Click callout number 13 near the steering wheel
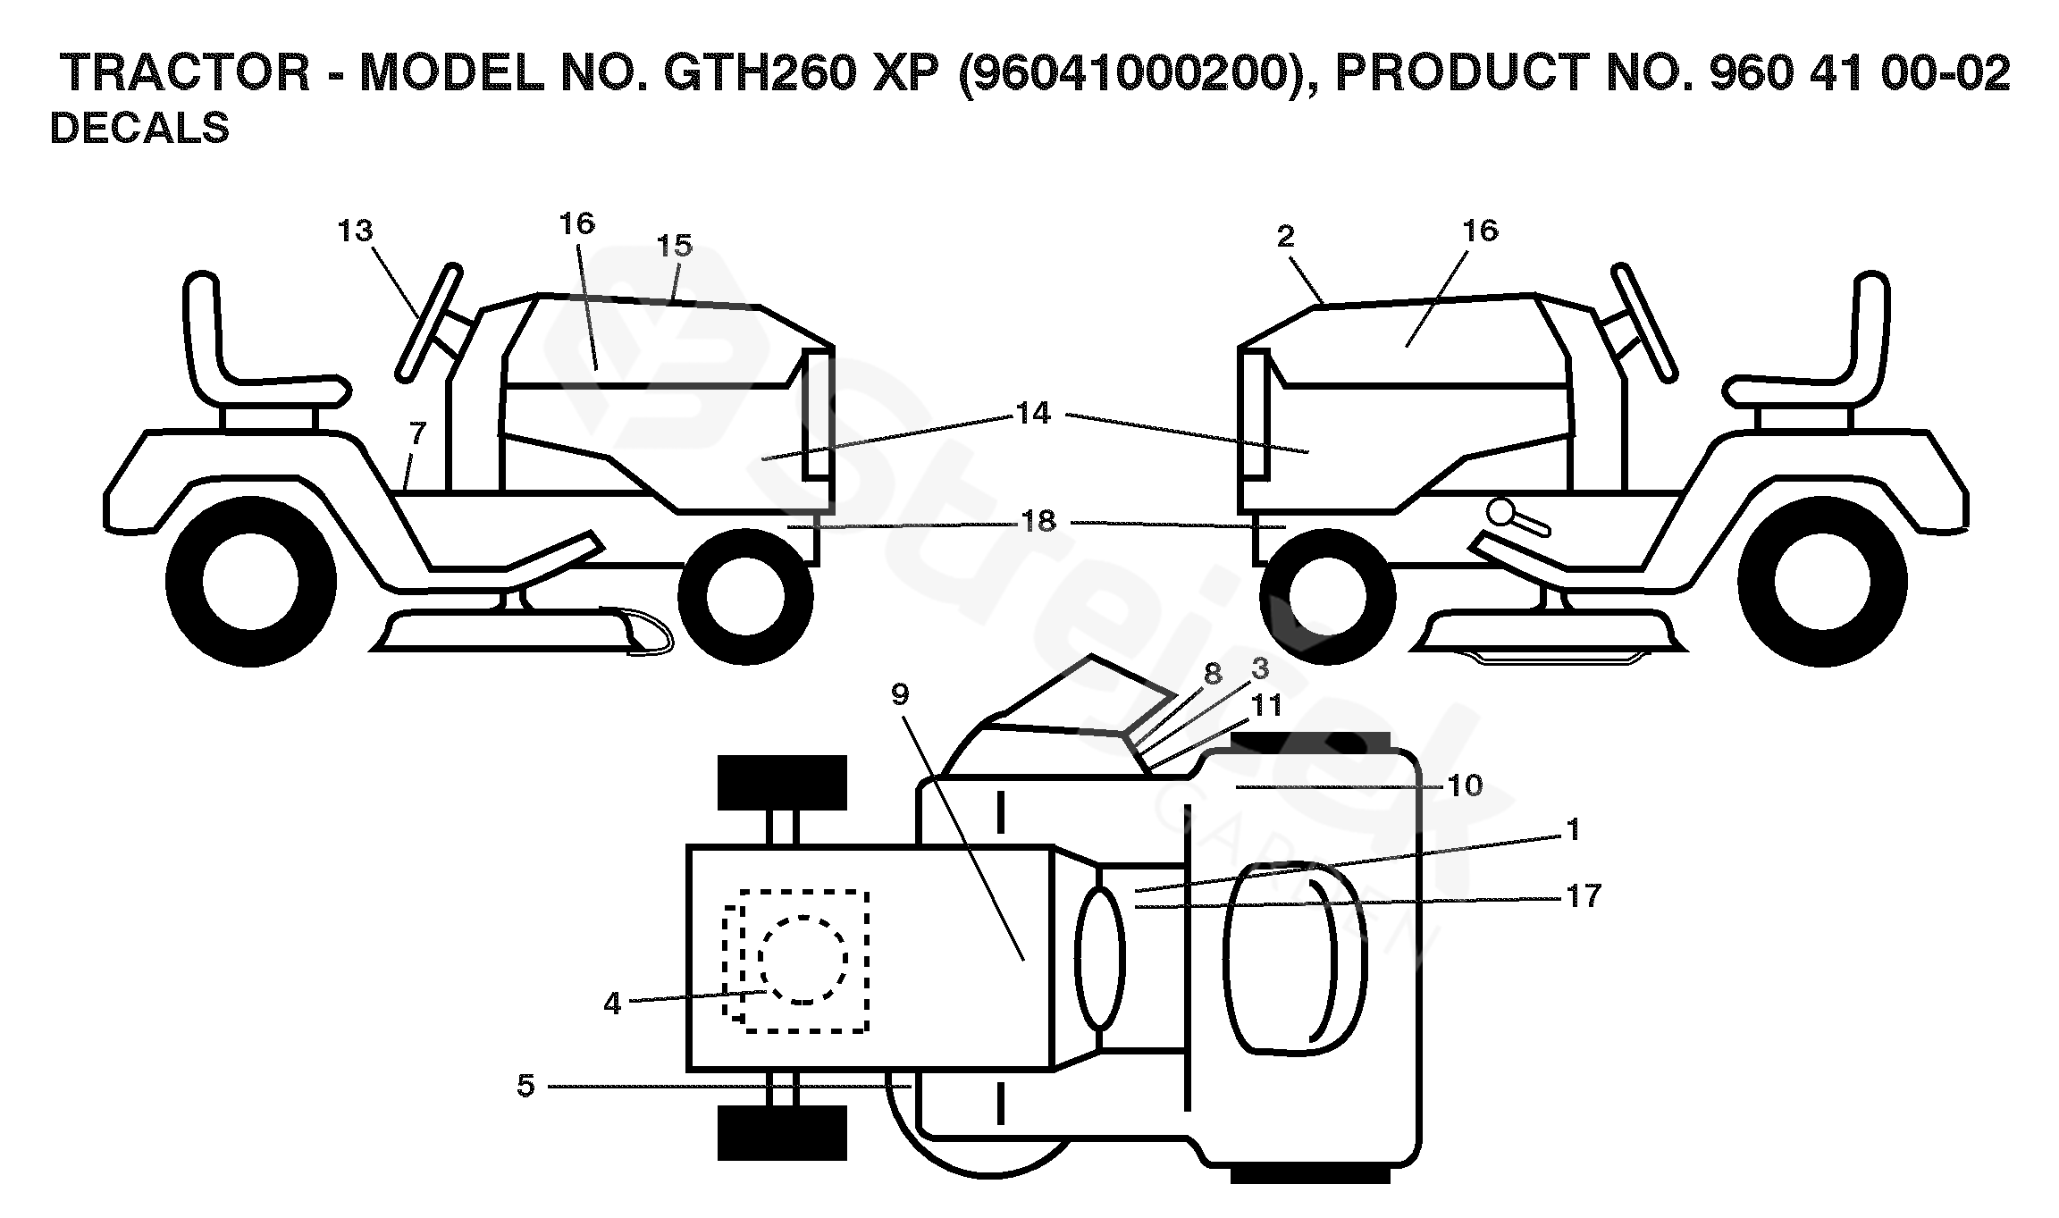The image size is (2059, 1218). pos(355,231)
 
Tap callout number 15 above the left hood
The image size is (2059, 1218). pos(675,246)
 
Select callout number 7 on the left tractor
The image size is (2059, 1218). pos(417,433)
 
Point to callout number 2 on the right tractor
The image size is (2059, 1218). pos(1286,237)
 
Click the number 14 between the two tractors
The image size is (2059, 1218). pos(1034,414)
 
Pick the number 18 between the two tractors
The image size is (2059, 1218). pos(1038,522)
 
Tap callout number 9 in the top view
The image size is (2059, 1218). pos(900,694)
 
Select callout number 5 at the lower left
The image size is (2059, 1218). pos(525,1086)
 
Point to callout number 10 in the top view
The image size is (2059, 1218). pos(1465,785)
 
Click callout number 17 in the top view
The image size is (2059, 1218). pos(1583,895)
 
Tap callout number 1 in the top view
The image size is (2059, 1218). pos(1574,830)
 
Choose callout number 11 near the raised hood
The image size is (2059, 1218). pos(1266,706)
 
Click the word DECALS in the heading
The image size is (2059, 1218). pos(139,129)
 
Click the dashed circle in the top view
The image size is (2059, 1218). pos(803,959)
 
